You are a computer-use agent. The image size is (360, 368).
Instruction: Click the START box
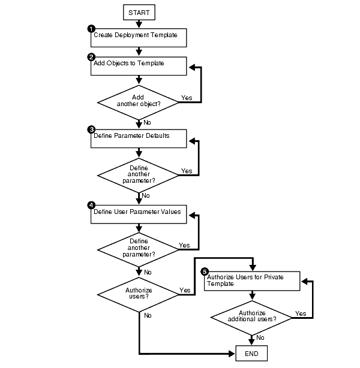[x=139, y=11]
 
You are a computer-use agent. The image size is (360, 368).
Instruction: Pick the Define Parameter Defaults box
[x=139, y=137]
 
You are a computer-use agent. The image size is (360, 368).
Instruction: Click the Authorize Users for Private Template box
[x=252, y=281]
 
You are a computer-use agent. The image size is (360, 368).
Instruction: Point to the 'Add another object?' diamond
[x=139, y=99]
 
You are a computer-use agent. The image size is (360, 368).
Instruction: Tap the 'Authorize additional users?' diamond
[x=252, y=316]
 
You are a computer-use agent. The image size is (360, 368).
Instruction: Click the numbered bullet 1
[x=91, y=28]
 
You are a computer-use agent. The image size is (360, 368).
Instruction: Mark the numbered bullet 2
[x=91, y=57]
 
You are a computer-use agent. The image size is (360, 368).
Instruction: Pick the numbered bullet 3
[x=91, y=129]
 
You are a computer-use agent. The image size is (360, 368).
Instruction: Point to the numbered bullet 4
[x=91, y=205]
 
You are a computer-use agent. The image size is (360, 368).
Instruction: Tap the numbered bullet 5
[x=204, y=272]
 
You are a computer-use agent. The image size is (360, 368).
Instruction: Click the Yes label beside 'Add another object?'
[x=187, y=98]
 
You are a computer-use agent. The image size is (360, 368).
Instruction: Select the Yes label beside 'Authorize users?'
[x=185, y=291]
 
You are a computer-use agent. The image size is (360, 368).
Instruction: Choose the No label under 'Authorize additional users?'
[x=260, y=337]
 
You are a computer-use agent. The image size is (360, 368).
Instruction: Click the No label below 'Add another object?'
[x=148, y=122]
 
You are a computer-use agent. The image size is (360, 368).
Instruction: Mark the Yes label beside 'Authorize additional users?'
[x=300, y=313]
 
